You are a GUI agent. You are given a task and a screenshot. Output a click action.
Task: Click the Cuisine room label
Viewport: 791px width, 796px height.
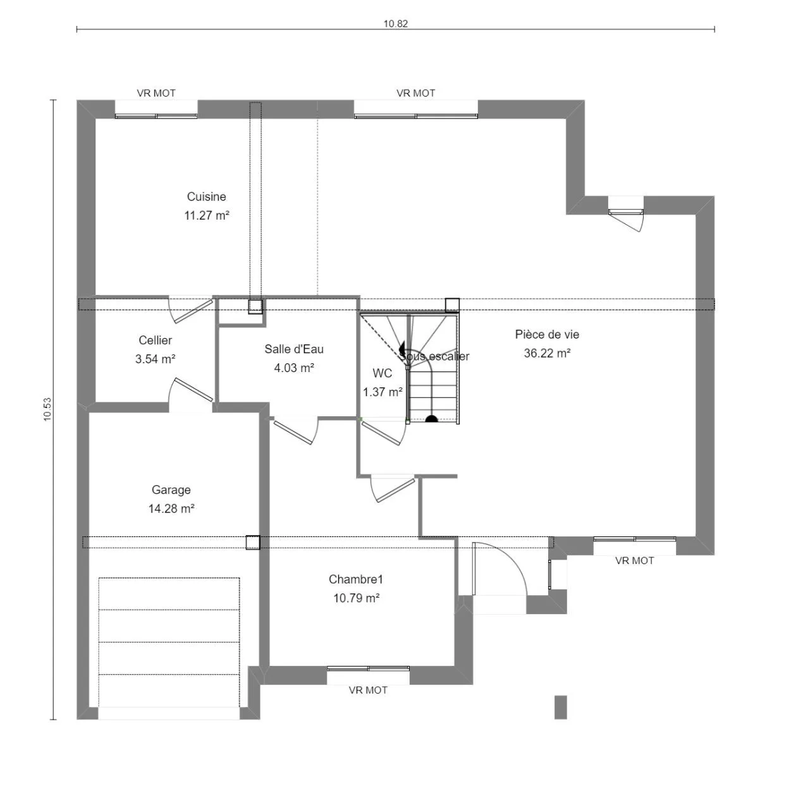click(206, 196)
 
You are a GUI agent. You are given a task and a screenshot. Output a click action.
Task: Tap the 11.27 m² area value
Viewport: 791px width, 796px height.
click(206, 215)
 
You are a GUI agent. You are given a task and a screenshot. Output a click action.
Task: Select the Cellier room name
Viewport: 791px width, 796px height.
click(155, 341)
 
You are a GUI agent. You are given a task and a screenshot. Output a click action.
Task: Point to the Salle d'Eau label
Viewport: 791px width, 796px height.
click(293, 349)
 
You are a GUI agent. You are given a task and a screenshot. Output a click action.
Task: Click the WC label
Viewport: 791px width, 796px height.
click(382, 373)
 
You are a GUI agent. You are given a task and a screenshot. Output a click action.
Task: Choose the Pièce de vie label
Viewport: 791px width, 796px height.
click(547, 335)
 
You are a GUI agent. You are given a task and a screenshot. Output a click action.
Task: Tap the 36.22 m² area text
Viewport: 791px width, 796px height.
click(547, 354)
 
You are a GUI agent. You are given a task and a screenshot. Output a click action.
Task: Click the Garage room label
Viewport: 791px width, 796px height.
click(171, 490)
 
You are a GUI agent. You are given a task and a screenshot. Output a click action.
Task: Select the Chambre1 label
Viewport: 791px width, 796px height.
click(355, 579)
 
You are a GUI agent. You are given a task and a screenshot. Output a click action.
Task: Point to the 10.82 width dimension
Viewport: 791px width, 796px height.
click(395, 24)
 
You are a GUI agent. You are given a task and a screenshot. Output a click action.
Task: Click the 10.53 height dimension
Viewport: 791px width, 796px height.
click(47, 409)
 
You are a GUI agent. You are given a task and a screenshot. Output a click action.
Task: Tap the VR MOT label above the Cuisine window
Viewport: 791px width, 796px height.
click(156, 93)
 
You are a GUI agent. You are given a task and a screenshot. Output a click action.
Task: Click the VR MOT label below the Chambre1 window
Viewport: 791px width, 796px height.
click(368, 690)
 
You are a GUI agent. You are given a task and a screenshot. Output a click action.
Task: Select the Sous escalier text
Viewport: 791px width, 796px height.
click(434, 356)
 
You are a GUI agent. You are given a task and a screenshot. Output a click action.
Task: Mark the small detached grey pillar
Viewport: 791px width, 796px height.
click(560, 707)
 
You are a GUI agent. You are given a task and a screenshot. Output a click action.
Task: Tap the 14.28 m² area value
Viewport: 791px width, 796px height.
click(171, 509)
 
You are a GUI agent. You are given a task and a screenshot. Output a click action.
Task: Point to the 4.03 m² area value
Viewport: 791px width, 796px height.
click(293, 368)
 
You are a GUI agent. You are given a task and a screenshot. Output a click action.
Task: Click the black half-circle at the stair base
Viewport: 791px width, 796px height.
click(431, 419)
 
